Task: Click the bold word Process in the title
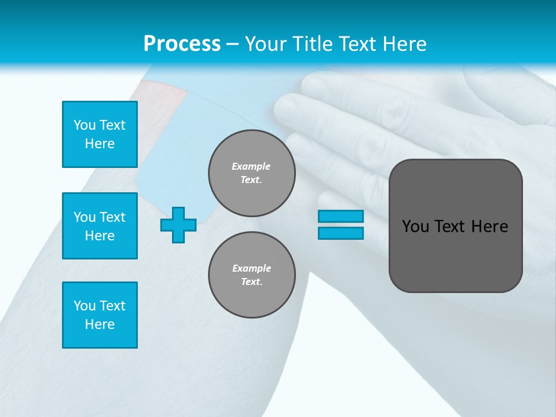(182, 44)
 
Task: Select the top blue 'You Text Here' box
(100, 134)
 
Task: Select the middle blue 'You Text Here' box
(100, 226)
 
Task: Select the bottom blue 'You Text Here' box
(100, 315)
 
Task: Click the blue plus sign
(178, 225)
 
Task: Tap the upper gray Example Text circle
(251, 173)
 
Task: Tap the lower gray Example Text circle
(251, 275)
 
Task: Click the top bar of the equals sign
(341, 216)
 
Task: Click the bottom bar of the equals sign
(341, 233)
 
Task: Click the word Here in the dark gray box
(489, 226)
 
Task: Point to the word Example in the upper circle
(251, 166)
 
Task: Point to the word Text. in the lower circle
(251, 282)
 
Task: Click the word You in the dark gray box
(416, 226)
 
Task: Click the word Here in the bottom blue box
(100, 324)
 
